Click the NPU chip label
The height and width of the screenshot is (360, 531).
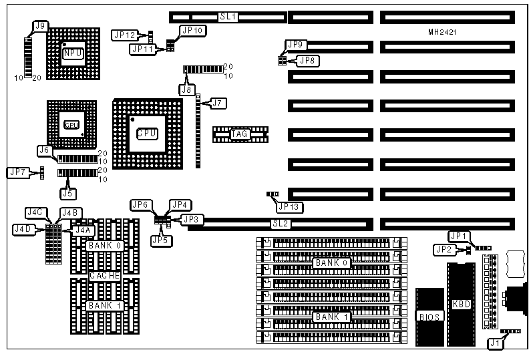click(x=73, y=53)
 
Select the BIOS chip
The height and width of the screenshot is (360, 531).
click(x=429, y=316)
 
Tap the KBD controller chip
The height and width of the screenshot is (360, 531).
click(x=461, y=304)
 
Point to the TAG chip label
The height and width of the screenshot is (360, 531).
click(x=240, y=135)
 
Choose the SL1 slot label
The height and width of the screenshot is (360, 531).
click(x=228, y=16)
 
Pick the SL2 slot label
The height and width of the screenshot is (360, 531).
click(x=280, y=224)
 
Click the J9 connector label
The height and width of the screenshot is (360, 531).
click(x=40, y=26)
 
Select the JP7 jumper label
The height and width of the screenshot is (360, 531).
click(x=17, y=172)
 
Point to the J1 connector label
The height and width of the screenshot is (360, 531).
click(x=494, y=344)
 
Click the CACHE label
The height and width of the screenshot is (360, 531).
click(x=104, y=275)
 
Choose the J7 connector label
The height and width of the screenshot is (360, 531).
click(x=219, y=103)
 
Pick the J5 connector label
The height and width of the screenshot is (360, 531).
click(x=67, y=194)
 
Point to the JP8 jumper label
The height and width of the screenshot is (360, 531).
click(x=310, y=61)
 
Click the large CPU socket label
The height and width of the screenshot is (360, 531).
click(x=147, y=133)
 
